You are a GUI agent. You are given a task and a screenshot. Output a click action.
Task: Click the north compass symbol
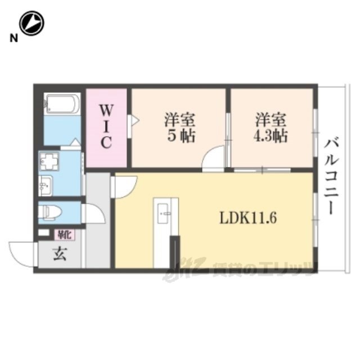pyautogui.click(x=32, y=23)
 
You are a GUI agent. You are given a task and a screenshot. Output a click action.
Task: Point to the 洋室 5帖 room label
pyautogui.click(x=179, y=128)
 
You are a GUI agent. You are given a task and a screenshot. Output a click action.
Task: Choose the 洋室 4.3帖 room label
pyautogui.click(x=271, y=128)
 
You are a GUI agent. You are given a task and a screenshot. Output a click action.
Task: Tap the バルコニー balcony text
pyautogui.click(x=331, y=175)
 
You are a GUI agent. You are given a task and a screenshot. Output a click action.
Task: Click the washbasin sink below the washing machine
pyautogui.click(x=46, y=183)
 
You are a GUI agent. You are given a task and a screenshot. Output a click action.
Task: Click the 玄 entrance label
pyautogui.click(x=60, y=254)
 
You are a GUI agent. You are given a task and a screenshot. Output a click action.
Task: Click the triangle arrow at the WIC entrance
pyautogui.click(x=134, y=119)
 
